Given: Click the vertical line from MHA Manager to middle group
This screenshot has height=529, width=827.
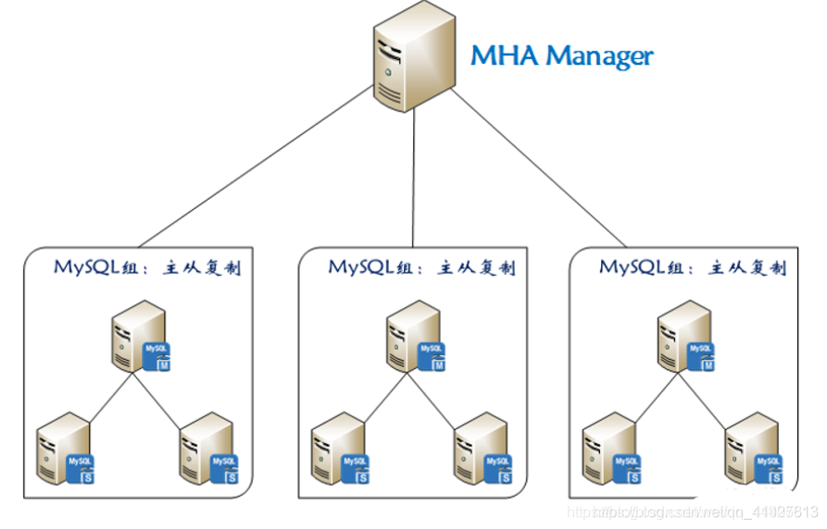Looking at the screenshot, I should (x=413, y=185).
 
